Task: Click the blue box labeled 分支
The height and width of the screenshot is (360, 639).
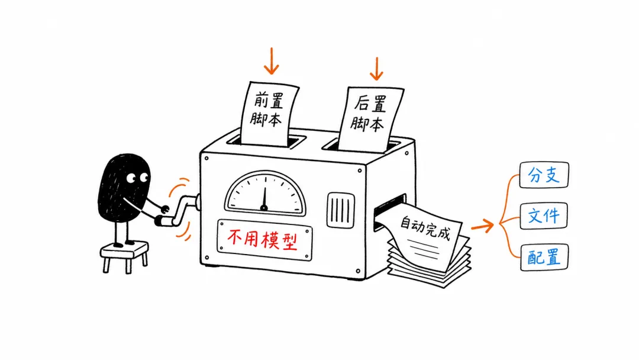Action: [x=544, y=175]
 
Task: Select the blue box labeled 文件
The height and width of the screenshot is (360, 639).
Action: [x=544, y=216]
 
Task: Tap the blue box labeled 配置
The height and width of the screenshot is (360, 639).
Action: [x=544, y=257]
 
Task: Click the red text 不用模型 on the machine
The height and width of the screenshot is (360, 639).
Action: [x=263, y=239]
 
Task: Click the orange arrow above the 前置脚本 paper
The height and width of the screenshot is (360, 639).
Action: [x=271, y=61]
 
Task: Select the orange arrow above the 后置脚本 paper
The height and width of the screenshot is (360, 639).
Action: [x=376, y=69]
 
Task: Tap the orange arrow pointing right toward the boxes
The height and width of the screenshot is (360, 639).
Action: [x=483, y=226]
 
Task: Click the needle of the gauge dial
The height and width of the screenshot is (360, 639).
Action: [x=264, y=198]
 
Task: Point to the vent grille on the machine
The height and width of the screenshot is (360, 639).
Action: [x=340, y=210]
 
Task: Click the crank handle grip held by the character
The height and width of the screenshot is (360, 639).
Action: [x=164, y=221]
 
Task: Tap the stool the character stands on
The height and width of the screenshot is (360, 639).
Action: [x=124, y=256]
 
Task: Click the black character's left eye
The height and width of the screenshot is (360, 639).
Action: [x=131, y=178]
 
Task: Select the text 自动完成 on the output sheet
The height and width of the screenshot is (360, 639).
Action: [x=425, y=227]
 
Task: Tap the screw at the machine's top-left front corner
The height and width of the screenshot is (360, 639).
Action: [x=206, y=158]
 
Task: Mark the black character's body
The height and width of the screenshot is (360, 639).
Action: [x=124, y=188]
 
